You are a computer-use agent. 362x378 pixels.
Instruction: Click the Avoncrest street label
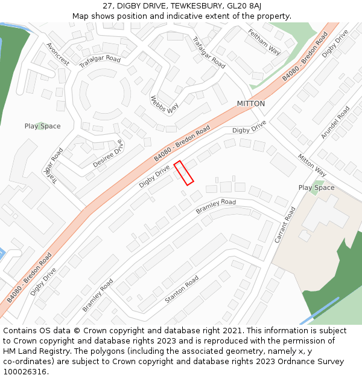click(58, 54)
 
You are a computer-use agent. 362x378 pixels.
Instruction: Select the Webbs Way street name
click(165, 105)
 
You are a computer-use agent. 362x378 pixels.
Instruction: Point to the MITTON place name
click(250, 103)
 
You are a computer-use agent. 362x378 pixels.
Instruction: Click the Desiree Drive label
click(107, 154)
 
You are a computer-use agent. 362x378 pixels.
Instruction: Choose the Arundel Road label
click(335, 123)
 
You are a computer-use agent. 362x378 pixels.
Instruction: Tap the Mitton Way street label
click(312, 165)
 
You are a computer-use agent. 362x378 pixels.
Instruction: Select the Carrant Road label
click(285, 225)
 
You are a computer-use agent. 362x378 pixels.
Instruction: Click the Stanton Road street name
click(182, 290)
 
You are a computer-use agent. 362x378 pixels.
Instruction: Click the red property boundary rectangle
click(183, 173)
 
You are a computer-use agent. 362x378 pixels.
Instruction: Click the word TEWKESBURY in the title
click(194, 5)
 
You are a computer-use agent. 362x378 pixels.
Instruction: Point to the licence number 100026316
click(26, 372)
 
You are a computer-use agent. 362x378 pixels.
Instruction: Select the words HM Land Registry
click(33, 351)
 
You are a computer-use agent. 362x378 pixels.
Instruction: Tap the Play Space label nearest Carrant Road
click(316, 187)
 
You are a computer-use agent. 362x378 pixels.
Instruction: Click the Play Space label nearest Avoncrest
click(42, 126)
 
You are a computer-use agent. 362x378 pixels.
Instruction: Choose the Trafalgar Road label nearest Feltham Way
click(209, 52)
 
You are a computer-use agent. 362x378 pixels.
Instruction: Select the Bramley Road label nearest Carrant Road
click(215, 206)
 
